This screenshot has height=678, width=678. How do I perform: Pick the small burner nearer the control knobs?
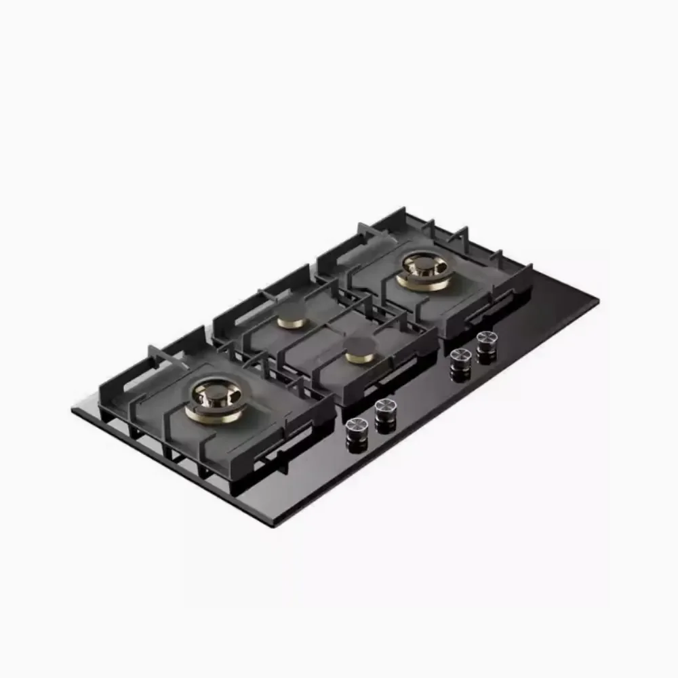point(359,351)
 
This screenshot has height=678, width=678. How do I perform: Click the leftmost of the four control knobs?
point(357,426)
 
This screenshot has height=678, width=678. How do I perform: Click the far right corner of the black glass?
point(598,298)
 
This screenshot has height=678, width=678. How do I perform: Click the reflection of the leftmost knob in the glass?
point(357,445)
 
